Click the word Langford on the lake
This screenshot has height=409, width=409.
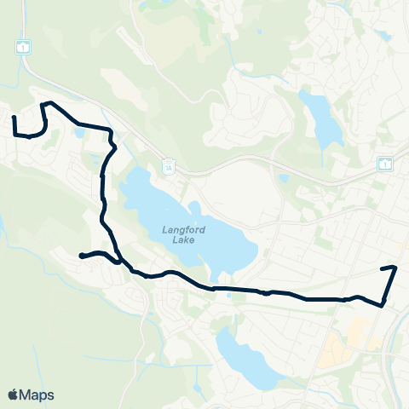[181, 229]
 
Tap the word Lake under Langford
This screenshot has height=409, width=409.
[181, 239]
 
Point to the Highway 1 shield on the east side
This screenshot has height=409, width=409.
[387, 162]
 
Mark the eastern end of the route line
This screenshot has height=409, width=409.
[396, 268]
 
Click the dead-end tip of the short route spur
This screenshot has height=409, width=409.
[80, 256]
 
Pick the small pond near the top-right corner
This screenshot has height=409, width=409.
[384, 36]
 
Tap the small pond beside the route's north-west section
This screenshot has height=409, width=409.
[79, 133]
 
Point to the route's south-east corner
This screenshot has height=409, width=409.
[382, 303]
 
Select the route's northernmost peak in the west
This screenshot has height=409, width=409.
[47, 103]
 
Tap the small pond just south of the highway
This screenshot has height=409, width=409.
[284, 178]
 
